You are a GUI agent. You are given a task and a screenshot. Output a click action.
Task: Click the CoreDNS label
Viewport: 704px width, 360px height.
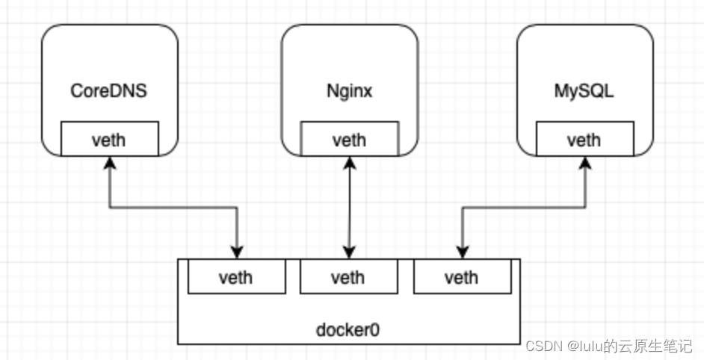pos(109,91)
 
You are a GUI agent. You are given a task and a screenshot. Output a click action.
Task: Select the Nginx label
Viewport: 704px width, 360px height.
pos(349,91)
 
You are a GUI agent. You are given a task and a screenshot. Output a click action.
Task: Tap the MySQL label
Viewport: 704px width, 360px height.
pos(584,91)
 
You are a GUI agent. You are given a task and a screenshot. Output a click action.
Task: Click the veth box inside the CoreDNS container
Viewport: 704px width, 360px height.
pos(110,139)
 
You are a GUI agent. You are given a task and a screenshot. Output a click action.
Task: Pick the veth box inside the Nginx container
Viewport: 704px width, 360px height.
pos(349,139)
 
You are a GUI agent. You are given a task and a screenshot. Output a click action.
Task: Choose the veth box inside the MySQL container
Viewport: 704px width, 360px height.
pos(584,139)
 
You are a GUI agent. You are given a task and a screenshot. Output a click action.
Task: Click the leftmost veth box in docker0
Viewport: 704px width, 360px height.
pos(236,278)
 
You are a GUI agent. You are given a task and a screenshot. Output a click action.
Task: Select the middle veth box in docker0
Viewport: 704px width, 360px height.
pos(348,278)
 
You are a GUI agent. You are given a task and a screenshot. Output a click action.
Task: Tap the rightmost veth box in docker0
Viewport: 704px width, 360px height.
pos(461,278)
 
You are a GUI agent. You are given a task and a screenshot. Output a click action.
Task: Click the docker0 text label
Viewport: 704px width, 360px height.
pos(348,328)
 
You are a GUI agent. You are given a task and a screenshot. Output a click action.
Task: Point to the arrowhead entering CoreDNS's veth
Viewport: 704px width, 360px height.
pos(110,163)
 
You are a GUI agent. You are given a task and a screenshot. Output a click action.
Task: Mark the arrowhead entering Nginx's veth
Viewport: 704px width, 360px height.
pos(349,163)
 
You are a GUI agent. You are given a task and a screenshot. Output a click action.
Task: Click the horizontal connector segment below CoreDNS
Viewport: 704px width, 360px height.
pos(173,208)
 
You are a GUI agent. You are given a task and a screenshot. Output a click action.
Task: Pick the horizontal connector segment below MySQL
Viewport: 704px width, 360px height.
pos(523,208)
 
